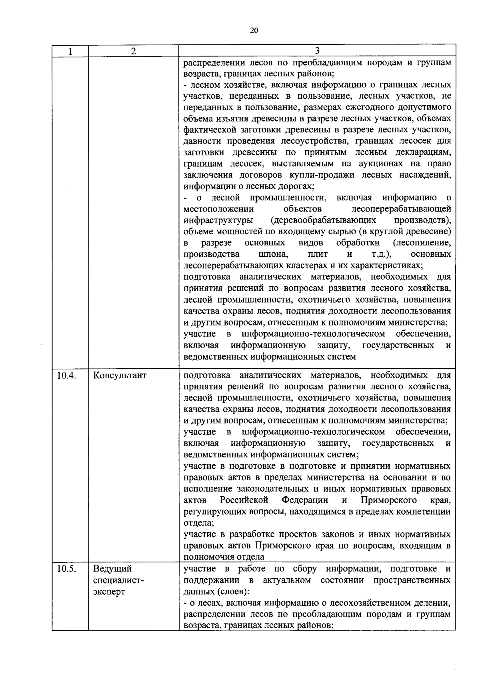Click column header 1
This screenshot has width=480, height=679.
pos(70,51)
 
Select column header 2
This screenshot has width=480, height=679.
pos(133,51)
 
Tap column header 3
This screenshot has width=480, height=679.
pos(317,51)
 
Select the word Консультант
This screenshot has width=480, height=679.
pos(120,375)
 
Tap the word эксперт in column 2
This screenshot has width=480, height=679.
pos(109,591)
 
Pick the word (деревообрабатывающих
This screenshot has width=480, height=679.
pos(323,220)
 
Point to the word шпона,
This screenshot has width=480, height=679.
pos(273,254)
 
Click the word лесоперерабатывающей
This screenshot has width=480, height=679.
pos(401,209)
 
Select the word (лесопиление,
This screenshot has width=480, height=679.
pos(422,243)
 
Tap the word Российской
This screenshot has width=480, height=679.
pos(244,500)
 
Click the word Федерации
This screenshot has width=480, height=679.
pos(305,500)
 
